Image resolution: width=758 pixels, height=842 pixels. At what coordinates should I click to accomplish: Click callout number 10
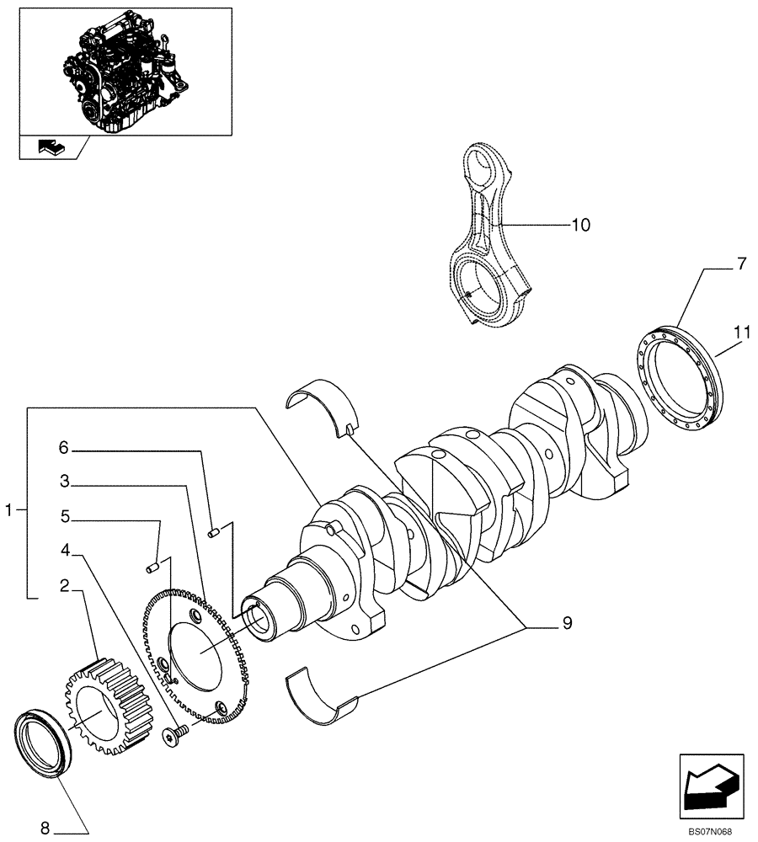tap(580, 225)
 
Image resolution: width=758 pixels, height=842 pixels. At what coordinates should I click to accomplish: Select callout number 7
tap(740, 264)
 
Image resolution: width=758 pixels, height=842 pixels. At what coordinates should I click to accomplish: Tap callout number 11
tap(740, 333)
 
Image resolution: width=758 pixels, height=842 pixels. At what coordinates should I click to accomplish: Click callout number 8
tap(45, 829)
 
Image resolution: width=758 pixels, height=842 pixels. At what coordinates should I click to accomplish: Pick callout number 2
tap(63, 585)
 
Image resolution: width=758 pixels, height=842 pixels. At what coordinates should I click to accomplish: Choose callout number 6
tap(63, 448)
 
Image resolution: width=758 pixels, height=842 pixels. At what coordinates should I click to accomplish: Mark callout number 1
tap(9, 509)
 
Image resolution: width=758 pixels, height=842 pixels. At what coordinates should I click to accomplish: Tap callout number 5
tap(63, 515)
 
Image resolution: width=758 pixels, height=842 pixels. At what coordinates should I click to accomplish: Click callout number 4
tap(63, 551)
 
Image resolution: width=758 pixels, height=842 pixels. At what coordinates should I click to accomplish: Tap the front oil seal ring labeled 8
tap(40, 744)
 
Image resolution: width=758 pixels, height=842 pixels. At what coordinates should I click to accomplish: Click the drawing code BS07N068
tap(709, 832)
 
